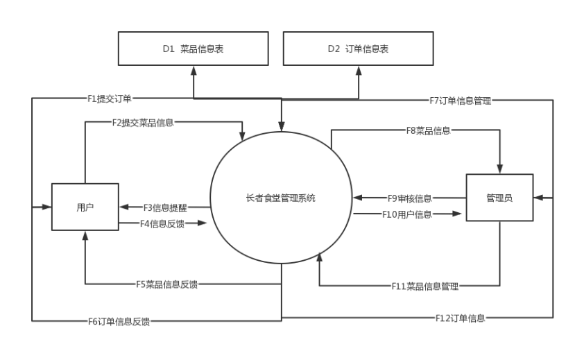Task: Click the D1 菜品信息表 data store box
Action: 193,49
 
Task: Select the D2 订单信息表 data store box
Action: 357,49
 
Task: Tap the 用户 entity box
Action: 85,207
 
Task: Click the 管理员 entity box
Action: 499,198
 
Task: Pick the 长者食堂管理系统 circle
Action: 280,198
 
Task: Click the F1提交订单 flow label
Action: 109,98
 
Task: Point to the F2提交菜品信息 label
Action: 143,123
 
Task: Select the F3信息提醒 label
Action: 165,207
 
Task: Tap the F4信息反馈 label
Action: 163,223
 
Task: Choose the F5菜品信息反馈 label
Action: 166,283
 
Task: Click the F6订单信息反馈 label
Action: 119,320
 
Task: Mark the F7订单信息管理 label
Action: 461,101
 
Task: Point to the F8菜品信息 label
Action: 429,130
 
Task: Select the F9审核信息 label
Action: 410,198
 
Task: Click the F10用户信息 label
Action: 407,214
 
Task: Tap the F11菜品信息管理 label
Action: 425,285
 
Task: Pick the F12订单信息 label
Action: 461,318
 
